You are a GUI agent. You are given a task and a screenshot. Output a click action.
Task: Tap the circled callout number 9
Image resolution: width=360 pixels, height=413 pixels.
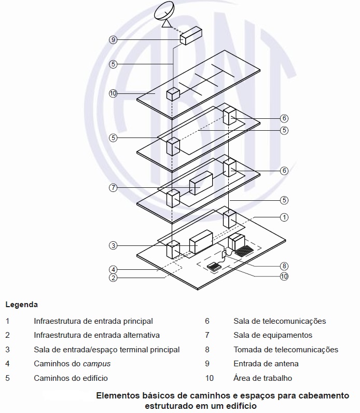[114, 39]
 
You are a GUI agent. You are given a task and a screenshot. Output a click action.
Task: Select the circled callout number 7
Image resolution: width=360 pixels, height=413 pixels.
[114, 188]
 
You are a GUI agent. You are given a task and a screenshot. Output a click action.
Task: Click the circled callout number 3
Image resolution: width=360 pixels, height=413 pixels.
[113, 245]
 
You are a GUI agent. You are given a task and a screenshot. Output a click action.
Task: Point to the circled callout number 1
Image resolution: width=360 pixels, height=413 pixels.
[284, 216]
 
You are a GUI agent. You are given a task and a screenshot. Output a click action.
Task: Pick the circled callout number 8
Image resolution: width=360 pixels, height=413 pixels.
[284, 265]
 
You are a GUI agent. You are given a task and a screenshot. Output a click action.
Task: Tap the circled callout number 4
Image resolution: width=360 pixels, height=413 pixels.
[113, 269]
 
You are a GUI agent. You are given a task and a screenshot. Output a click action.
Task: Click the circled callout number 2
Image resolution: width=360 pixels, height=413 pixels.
[113, 277]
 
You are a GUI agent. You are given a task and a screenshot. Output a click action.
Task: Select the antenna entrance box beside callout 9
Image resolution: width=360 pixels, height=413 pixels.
[190, 35]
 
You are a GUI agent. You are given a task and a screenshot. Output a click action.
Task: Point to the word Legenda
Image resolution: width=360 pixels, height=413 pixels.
[21, 305]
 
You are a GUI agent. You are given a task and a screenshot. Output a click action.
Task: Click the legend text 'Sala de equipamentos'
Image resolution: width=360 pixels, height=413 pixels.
[273, 335]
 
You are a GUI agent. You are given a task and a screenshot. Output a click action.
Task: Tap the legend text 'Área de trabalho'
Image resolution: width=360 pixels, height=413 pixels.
[262, 378]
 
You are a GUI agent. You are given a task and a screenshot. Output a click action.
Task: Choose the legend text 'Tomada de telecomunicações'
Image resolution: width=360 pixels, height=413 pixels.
[286, 350]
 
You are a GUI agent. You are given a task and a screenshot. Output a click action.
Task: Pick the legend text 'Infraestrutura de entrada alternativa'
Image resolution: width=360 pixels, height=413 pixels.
[96, 335]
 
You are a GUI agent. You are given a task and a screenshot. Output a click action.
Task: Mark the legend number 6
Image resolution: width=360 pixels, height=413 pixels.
[207, 321]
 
